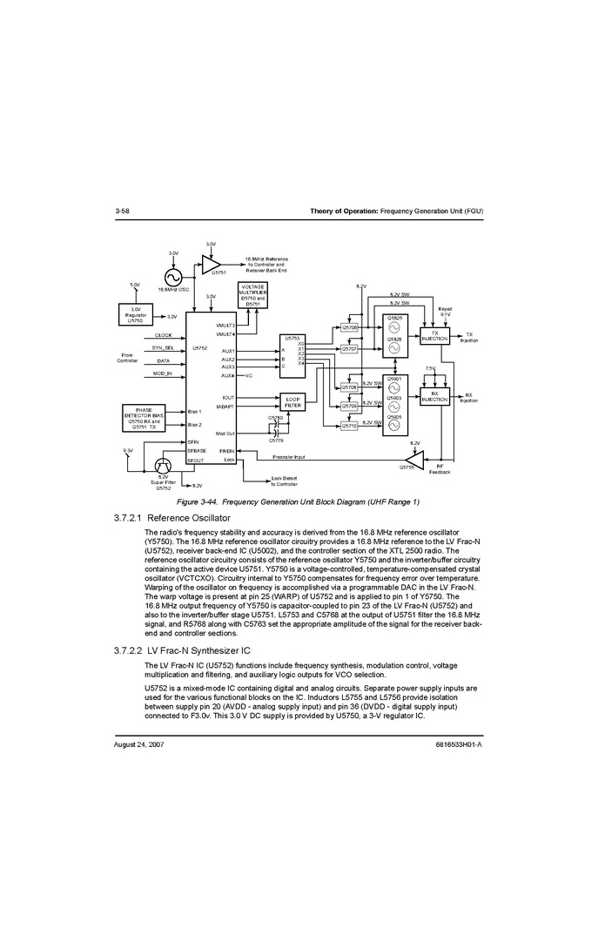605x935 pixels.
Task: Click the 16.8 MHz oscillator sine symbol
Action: click(172, 276)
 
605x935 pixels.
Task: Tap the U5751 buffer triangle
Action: click(210, 263)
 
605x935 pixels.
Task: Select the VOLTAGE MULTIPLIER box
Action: click(252, 294)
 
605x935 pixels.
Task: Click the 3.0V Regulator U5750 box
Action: click(135, 314)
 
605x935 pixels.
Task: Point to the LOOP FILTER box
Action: click(293, 401)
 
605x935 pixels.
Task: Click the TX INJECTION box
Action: click(434, 336)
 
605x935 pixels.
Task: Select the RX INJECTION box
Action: click(434, 397)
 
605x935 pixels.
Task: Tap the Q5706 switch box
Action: click(350, 327)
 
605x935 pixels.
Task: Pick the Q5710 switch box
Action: click(350, 426)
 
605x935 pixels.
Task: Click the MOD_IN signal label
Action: click(163, 373)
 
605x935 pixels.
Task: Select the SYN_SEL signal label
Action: click(163, 347)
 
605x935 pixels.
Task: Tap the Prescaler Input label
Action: click(288, 456)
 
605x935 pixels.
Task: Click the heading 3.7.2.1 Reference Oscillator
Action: click(171, 518)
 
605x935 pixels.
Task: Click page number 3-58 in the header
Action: click(122, 212)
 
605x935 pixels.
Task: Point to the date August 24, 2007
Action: click(139, 746)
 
